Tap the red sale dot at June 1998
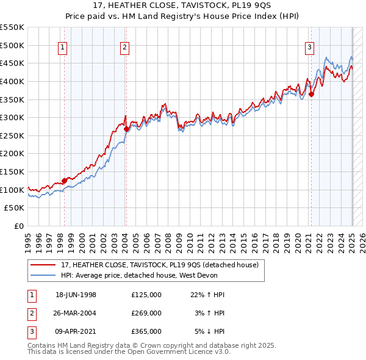[64, 181]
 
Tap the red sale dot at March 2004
[126, 129]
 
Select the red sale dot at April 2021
[311, 94]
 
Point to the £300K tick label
[12, 117]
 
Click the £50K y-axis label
[15, 208]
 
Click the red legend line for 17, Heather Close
[43, 265]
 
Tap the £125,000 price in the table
[146, 295]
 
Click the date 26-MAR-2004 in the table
[76, 313]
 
